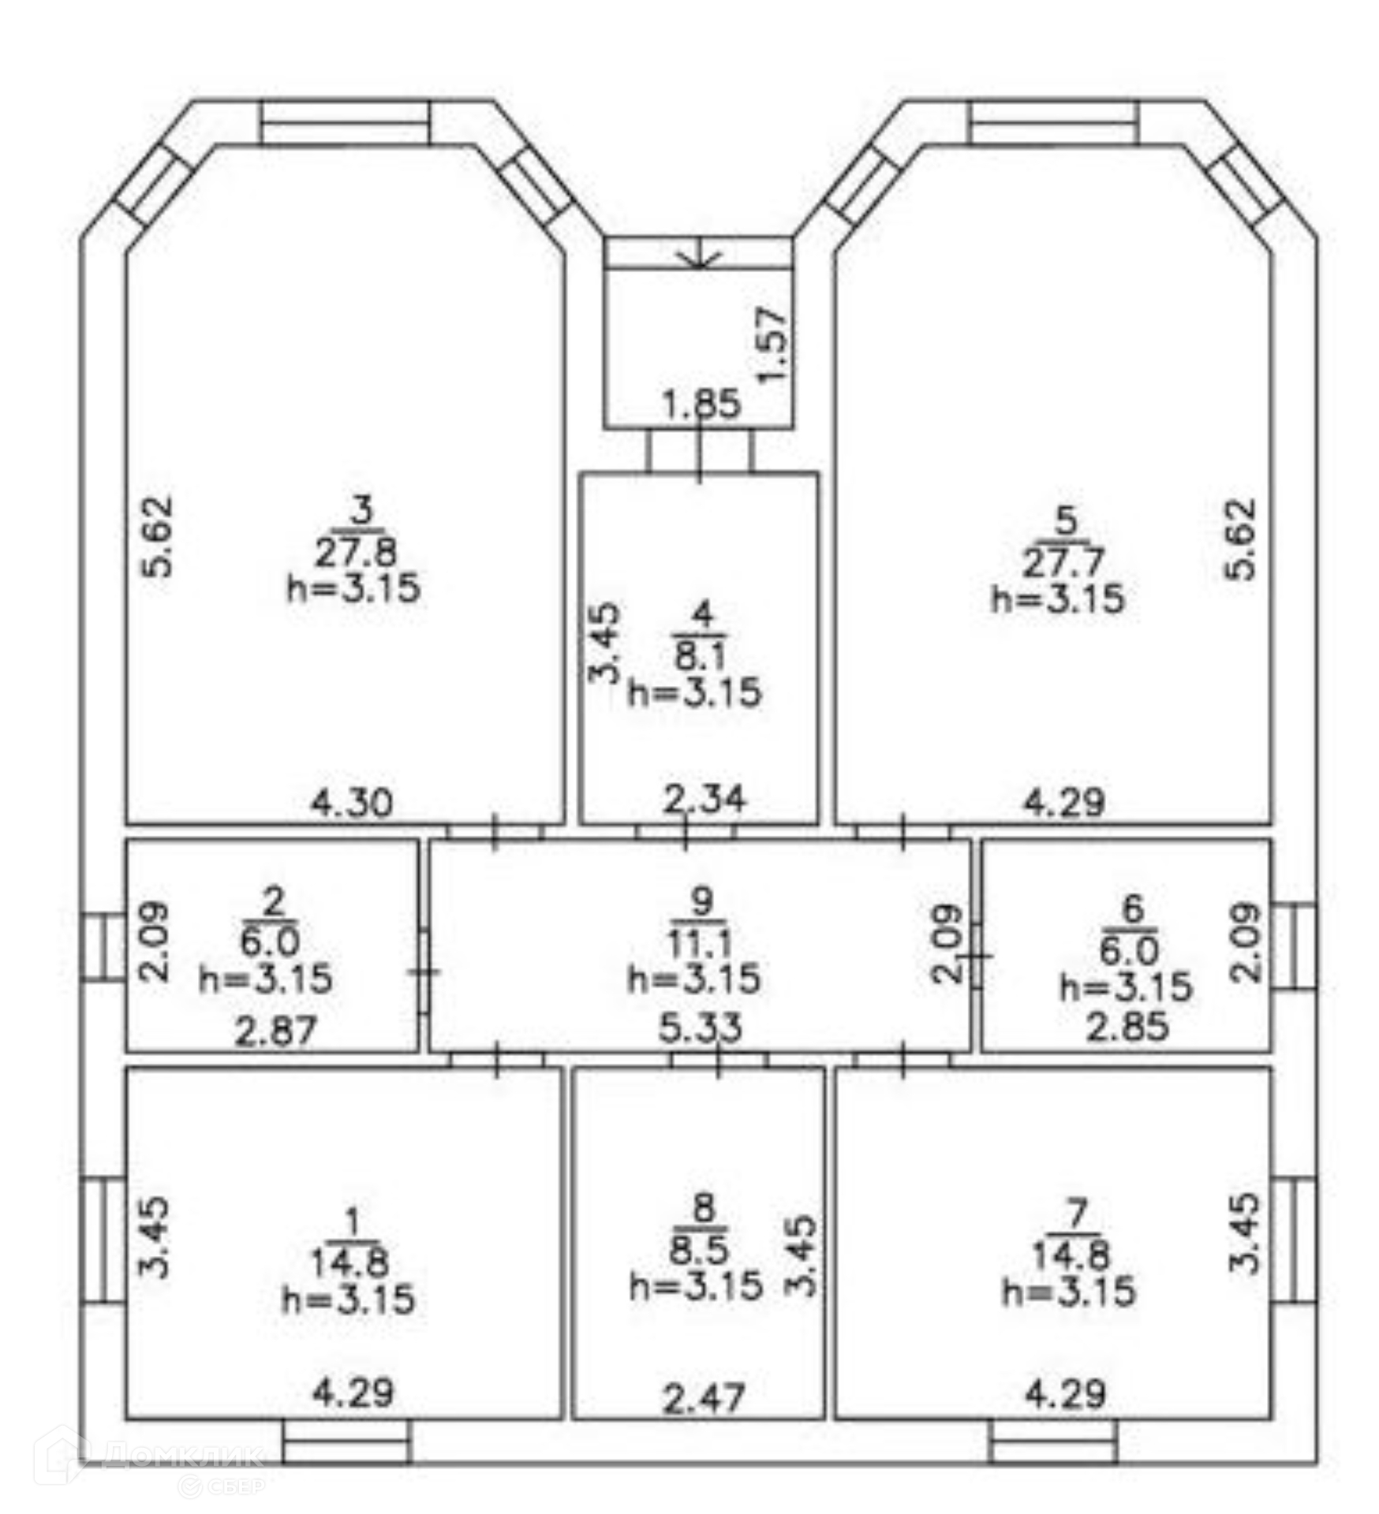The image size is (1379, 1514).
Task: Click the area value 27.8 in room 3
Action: point(356,553)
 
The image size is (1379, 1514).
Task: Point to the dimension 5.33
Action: point(701,1027)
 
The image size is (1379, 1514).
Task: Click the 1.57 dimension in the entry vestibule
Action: point(772,345)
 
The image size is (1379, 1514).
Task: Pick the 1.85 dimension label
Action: point(701,404)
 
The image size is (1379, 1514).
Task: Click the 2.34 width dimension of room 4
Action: point(704,800)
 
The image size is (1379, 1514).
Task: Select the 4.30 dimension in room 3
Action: point(351,803)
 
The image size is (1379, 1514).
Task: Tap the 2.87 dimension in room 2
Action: point(275,1031)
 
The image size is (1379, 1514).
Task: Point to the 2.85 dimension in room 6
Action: point(1127,1027)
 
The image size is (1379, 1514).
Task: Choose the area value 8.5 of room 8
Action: point(701,1250)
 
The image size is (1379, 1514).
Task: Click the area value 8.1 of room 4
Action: point(701,654)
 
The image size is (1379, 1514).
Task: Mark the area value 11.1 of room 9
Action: point(701,942)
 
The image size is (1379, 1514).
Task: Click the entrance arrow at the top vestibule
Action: point(701,256)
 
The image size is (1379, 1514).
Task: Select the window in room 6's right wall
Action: point(1294,945)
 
